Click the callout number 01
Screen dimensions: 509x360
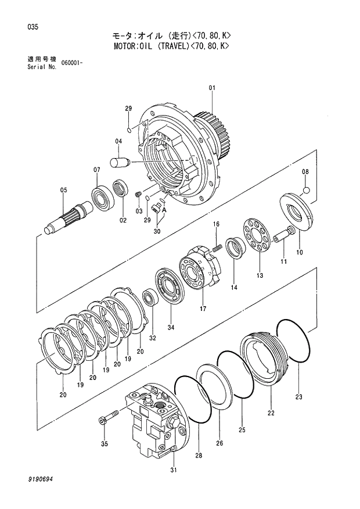212,88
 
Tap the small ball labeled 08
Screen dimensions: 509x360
307,189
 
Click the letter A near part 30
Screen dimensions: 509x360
164,210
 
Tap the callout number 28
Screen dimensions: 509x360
199,457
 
